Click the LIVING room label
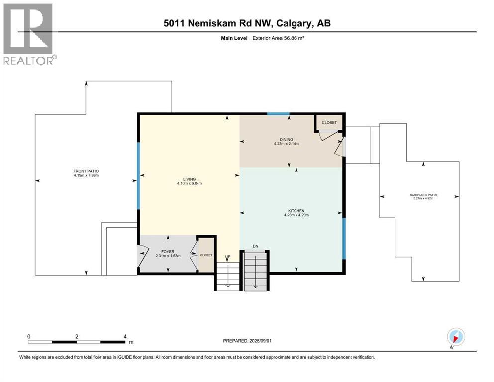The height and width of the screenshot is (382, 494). click(x=189, y=179)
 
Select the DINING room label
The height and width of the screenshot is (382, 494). click(x=286, y=139)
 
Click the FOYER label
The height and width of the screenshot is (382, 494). click(x=168, y=252)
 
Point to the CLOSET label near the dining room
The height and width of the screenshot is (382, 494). click(x=329, y=123)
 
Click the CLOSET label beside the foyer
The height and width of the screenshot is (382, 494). click(x=206, y=255)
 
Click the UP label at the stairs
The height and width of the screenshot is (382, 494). click(x=228, y=257)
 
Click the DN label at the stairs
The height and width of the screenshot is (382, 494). click(x=256, y=246)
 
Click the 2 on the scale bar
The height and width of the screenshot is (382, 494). click(x=77, y=337)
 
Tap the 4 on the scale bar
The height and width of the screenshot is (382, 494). click(x=125, y=337)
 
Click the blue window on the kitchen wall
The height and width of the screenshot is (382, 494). click(x=344, y=239)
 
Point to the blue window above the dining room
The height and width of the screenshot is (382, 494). click(x=278, y=114)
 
